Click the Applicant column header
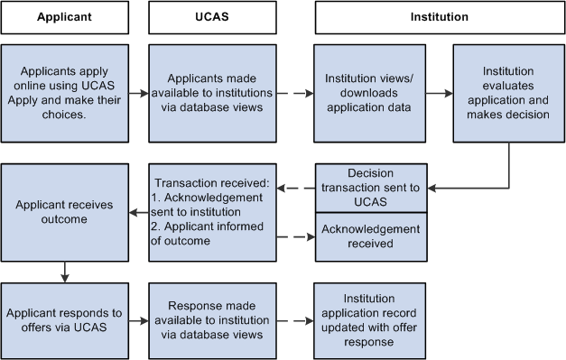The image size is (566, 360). (65, 16)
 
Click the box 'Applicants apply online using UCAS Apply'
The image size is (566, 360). (65, 91)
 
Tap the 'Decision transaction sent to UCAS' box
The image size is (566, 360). (370, 187)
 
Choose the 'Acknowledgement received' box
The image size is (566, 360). (370, 236)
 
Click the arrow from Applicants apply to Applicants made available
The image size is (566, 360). (138, 92)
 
